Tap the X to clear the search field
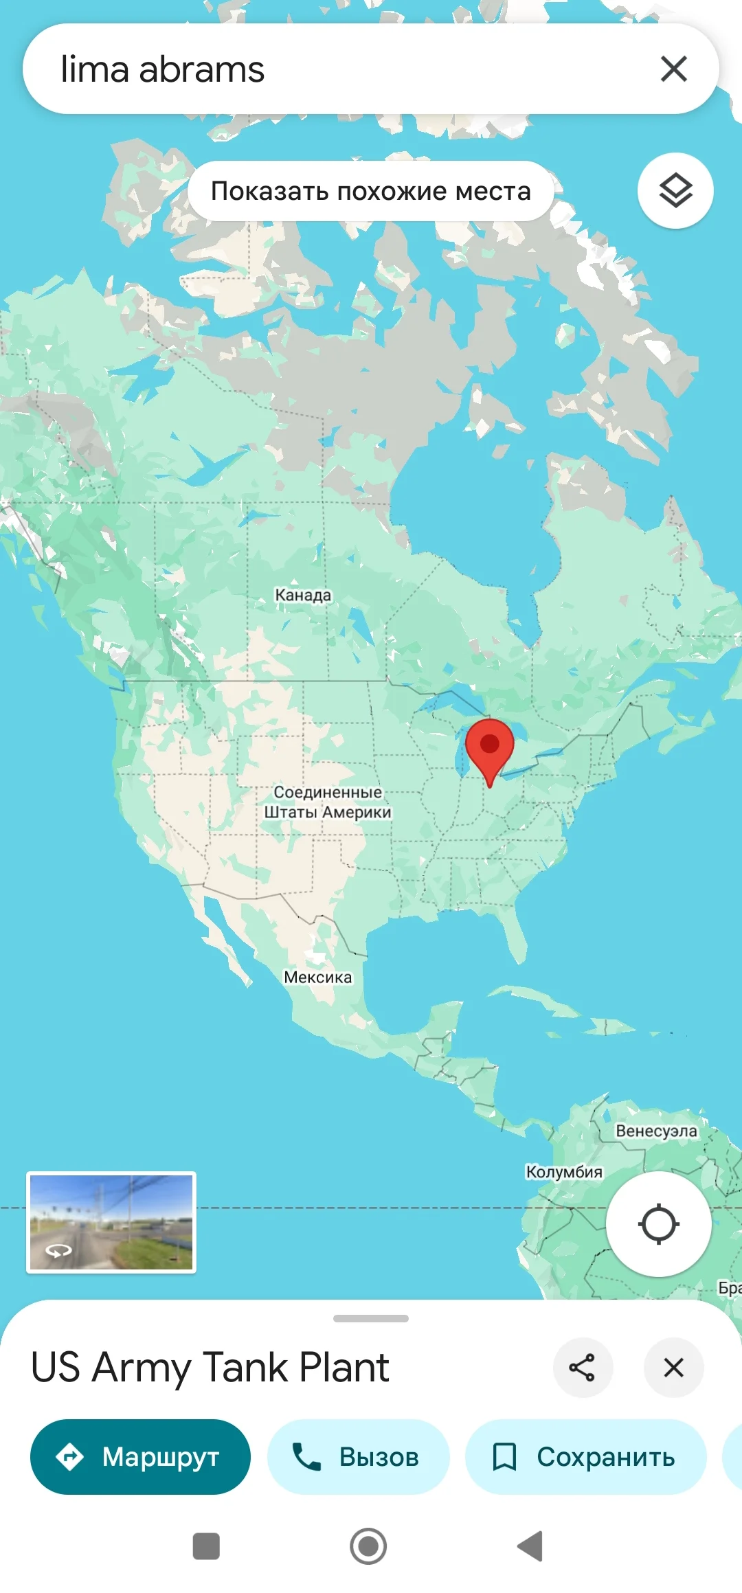point(673,69)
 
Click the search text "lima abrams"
point(163,69)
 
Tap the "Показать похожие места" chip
point(370,191)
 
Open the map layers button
point(675,190)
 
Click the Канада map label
point(303,595)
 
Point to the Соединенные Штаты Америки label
point(328,802)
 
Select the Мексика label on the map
point(317,977)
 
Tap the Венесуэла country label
point(656,1131)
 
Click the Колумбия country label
point(564,1172)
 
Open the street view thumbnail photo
point(111,1222)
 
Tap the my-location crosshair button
point(658,1224)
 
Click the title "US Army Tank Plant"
point(210,1367)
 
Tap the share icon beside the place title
point(582,1368)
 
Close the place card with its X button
point(673,1368)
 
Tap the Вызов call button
point(358,1457)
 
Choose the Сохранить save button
point(585,1457)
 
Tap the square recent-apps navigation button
point(206,1546)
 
